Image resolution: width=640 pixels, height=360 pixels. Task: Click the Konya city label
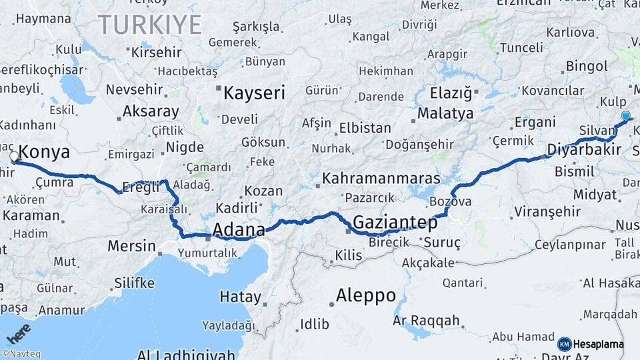pyautogui.click(x=45, y=153)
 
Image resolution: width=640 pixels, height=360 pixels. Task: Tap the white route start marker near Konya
pyautogui.click(x=14, y=157)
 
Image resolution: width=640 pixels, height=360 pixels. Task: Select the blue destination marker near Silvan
pyautogui.click(x=625, y=117)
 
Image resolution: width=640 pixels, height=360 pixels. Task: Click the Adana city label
pyautogui.click(x=238, y=230)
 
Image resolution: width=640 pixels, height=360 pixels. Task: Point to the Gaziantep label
pyautogui.click(x=395, y=222)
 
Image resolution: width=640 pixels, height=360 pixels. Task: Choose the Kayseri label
pyautogui.click(x=254, y=93)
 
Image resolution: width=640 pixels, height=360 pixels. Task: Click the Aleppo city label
pyautogui.click(x=365, y=295)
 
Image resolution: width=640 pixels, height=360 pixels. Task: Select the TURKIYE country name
pyautogui.click(x=150, y=25)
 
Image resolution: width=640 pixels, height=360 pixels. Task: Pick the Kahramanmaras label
pyautogui.click(x=381, y=179)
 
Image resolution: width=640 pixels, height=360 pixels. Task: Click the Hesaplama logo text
pyautogui.click(x=598, y=345)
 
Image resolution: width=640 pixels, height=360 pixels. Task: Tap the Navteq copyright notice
pyautogui.click(x=20, y=354)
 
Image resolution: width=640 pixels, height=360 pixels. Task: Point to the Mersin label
pyautogui.click(x=131, y=246)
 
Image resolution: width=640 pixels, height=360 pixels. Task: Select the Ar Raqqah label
pyautogui.click(x=426, y=321)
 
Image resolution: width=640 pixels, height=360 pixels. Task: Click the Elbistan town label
pyautogui.click(x=365, y=127)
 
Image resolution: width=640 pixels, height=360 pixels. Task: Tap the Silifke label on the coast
pyautogui.click(x=134, y=283)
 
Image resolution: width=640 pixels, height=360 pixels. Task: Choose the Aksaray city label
pyautogui.click(x=151, y=111)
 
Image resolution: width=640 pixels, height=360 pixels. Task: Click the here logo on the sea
pyautogui.click(x=19, y=331)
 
